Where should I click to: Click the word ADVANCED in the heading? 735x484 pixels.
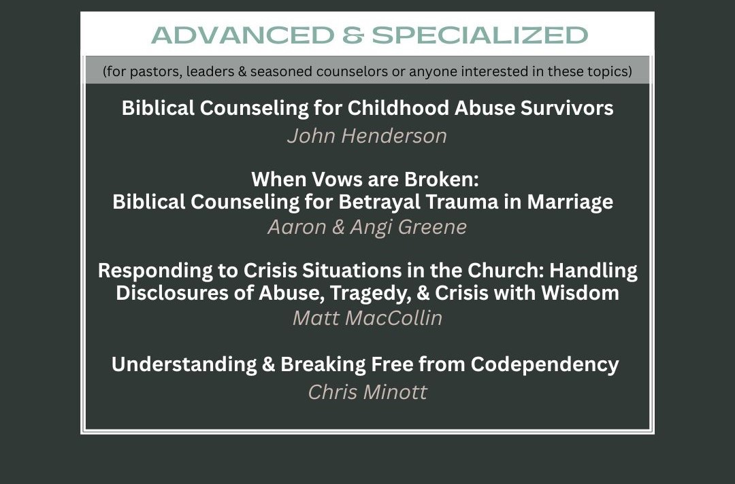tap(243, 35)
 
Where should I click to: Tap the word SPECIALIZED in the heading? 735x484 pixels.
tap(480, 35)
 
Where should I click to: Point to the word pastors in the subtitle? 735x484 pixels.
tap(156, 71)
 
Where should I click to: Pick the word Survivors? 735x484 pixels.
tap(567, 108)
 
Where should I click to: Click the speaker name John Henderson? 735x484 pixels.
tap(367, 136)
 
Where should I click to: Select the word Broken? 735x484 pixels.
tap(442, 179)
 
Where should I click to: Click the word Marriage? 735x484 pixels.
tap(570, 202)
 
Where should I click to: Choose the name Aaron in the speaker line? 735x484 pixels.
tap(297, 227)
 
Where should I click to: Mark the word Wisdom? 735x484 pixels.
tap(580, 293)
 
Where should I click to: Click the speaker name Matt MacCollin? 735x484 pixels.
tap(367, 318)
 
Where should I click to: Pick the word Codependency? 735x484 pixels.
tap(544, 364)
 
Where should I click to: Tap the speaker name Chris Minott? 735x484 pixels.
tap(367, 392)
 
